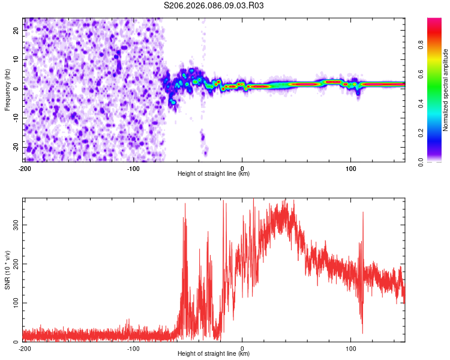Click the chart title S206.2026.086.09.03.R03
(214, 5)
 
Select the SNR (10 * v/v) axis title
(7, 270)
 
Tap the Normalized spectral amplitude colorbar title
(445, 90)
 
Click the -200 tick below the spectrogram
(25, 169)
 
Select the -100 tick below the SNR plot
(133, 349)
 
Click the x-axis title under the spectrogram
(214, 174)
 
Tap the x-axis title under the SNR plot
(214, 354)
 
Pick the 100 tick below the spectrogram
(351, 169)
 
